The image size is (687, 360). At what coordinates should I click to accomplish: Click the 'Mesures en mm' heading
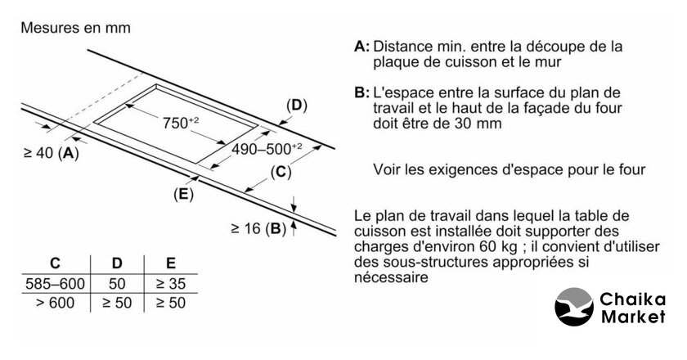[75, 28]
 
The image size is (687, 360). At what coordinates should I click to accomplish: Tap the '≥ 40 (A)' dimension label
[47, 153]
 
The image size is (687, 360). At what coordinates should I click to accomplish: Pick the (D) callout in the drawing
[295, 106]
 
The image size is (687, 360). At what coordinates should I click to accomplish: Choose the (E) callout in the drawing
[183, 194]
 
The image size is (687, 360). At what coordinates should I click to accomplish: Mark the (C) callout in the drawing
[280, 172]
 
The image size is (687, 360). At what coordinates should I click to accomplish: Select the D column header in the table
[116, 264]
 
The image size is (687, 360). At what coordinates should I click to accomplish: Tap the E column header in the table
[170, 264]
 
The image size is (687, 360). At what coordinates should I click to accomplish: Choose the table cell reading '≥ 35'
[170, 284]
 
